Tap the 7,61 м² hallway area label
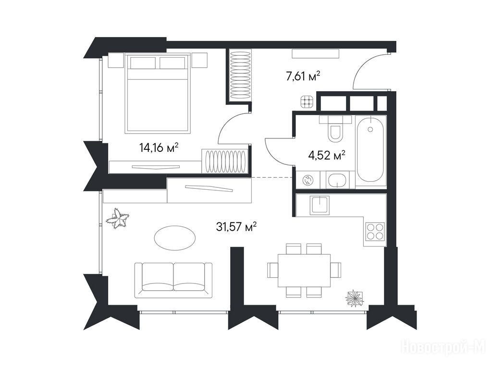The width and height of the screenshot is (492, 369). click(x=303, y=76)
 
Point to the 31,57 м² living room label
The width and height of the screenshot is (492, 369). click(x=236, y=226)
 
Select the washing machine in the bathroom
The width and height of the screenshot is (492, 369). click(x=307, y=180)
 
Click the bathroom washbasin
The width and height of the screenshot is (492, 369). click(x=337, y=180)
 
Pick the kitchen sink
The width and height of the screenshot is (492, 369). click(x=320, y=205)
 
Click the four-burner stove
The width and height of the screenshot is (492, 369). click(x=375, y=231)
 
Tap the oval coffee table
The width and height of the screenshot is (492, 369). click(x=175, y=238)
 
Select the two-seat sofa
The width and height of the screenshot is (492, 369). click(x=173, y=280)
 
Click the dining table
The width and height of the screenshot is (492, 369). click(x=304, y=270)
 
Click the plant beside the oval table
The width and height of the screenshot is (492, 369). click(x=118, y=219)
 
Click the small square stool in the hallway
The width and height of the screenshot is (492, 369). click(x=307, y=102)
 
